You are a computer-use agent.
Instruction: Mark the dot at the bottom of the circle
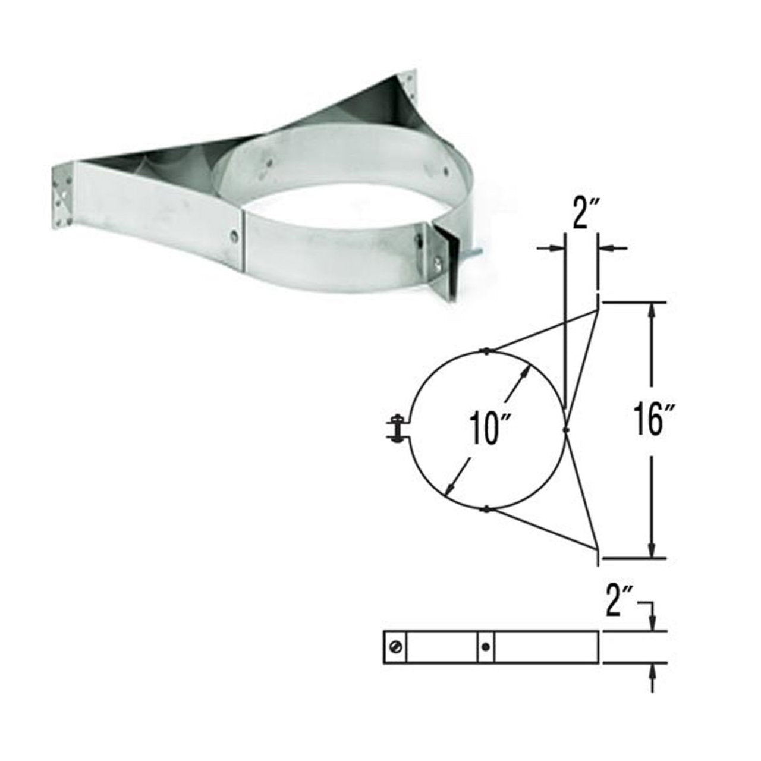pyautogui.click(x=486, y=508)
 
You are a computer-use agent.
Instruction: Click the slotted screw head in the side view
pyautogui.click(x=395, y=647)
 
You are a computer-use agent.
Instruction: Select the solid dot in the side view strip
pyautogui.click(x=486, y=647)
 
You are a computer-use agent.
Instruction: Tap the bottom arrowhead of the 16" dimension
pyautogui.click(x=653, y=551)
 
